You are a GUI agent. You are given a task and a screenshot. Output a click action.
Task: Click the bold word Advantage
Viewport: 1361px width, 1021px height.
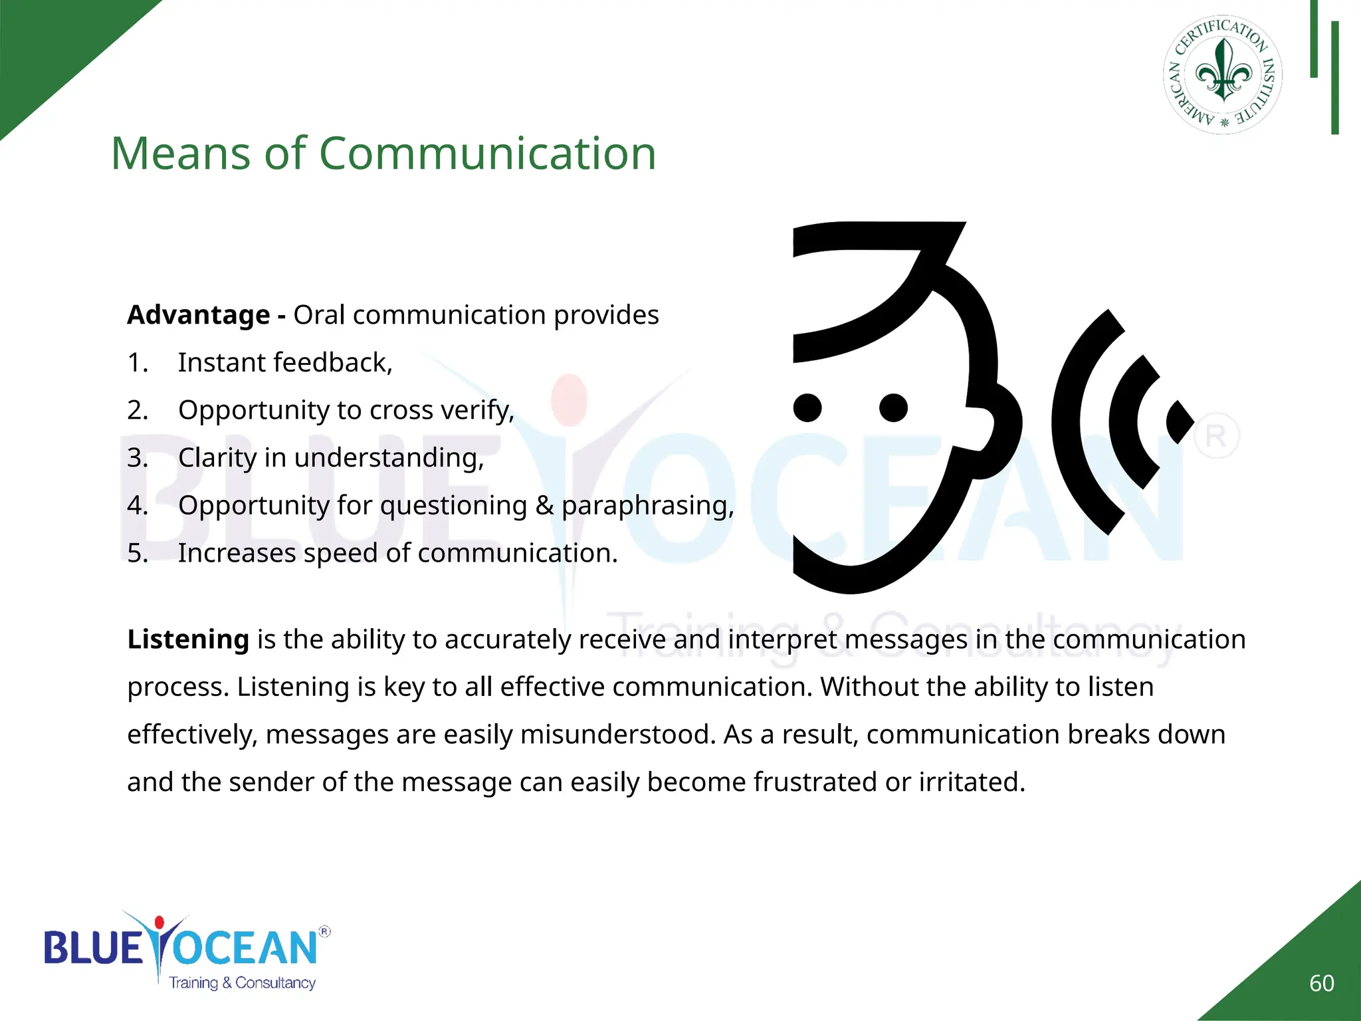click(198, 315)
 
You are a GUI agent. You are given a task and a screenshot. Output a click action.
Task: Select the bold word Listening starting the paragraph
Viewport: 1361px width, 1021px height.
click(188, 639)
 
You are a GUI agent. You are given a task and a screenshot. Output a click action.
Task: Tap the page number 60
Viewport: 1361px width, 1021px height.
click(1321, 983)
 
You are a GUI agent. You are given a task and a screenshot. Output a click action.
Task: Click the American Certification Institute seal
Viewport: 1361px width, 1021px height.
click(1223, 74)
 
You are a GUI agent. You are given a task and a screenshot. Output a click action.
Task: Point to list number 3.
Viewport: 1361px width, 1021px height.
click(137, 458)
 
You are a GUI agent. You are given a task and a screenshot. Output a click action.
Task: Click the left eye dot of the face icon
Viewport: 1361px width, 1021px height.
click(807, 407)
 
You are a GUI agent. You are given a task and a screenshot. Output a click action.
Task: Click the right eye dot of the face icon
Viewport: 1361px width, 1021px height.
click(893, 407)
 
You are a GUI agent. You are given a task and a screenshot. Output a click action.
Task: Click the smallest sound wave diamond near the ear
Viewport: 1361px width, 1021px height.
click(1180, 421)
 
